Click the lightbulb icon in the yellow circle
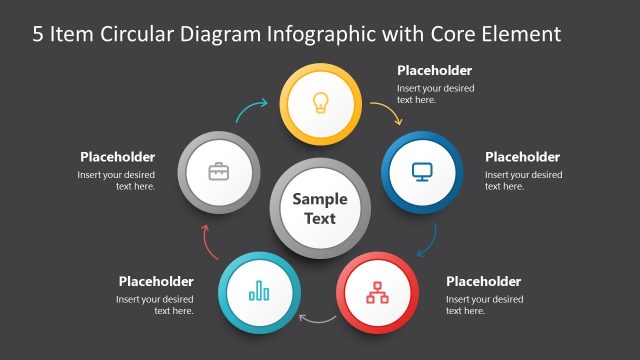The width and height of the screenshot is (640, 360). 320,101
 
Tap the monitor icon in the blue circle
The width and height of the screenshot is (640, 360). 421,171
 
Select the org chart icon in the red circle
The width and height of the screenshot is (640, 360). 378,292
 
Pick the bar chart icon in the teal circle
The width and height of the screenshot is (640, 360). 260,291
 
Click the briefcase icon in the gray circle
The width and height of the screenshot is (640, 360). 218,171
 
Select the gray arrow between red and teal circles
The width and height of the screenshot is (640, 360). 319,320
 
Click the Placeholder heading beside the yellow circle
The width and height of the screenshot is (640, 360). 434,70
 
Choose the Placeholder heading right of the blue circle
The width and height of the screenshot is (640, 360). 522,157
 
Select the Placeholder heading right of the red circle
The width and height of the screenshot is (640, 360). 483,281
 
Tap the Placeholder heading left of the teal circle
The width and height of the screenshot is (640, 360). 156,281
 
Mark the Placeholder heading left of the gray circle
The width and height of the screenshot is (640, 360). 117,157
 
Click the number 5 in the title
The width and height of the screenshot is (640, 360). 38,35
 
